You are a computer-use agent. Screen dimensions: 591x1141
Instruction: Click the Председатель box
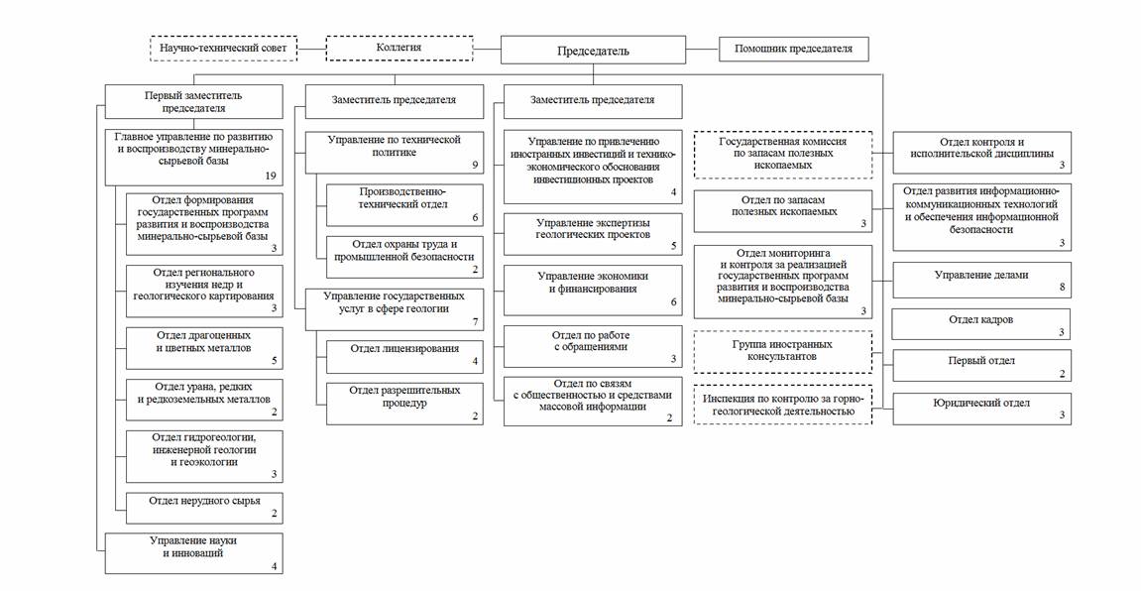[593, 51]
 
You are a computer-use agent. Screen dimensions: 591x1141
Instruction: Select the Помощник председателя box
[793, 49]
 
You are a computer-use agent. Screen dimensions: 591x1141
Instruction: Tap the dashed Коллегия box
[399, 48]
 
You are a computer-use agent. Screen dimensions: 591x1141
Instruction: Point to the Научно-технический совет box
[223, 48]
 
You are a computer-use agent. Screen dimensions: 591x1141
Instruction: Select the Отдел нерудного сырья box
[204, 507]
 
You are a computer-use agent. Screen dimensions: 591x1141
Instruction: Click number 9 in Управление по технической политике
[475, 164]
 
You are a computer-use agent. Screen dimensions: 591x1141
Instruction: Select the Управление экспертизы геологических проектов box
[593, 233]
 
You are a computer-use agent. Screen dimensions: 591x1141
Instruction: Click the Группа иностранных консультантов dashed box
[783, 350]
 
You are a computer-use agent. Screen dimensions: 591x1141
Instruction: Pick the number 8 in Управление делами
[1061, 288]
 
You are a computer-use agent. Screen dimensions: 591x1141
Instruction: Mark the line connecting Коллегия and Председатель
[487, 48]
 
